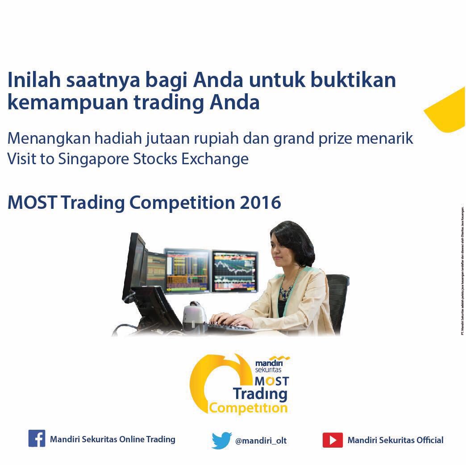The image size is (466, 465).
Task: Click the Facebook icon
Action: point(37,438)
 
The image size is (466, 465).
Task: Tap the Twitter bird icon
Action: point(222,440)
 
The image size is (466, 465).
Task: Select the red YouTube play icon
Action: point(333,440)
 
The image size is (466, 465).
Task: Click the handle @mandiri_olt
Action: point(261,440)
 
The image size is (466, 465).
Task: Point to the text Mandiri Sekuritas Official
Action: point(395,440)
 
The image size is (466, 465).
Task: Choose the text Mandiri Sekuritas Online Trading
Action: point(112,439)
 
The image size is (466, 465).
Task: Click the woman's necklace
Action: point(286,291)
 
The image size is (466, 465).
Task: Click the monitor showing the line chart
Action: point(234,270)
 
